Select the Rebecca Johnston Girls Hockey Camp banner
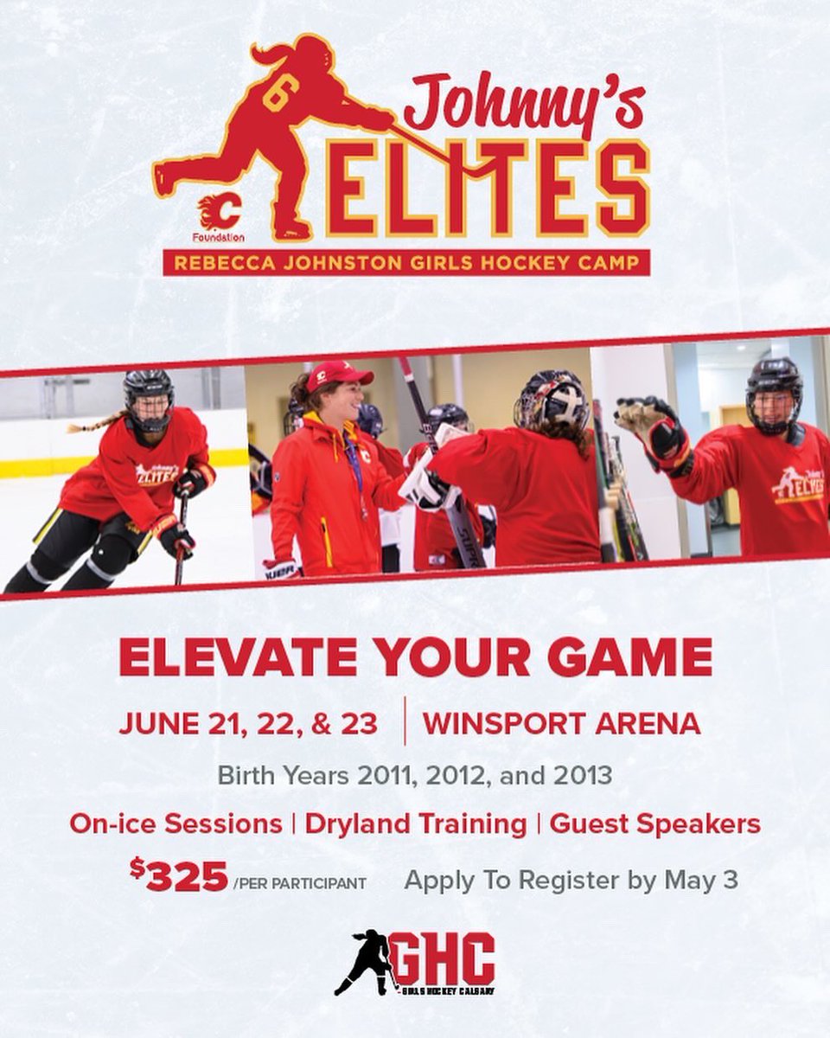406,263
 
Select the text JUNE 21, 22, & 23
249,723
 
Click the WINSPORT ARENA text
561,723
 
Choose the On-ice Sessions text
176,823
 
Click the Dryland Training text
415,823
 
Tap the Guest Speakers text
654,823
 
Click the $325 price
180,877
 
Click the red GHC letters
442,958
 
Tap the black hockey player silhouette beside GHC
365,961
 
